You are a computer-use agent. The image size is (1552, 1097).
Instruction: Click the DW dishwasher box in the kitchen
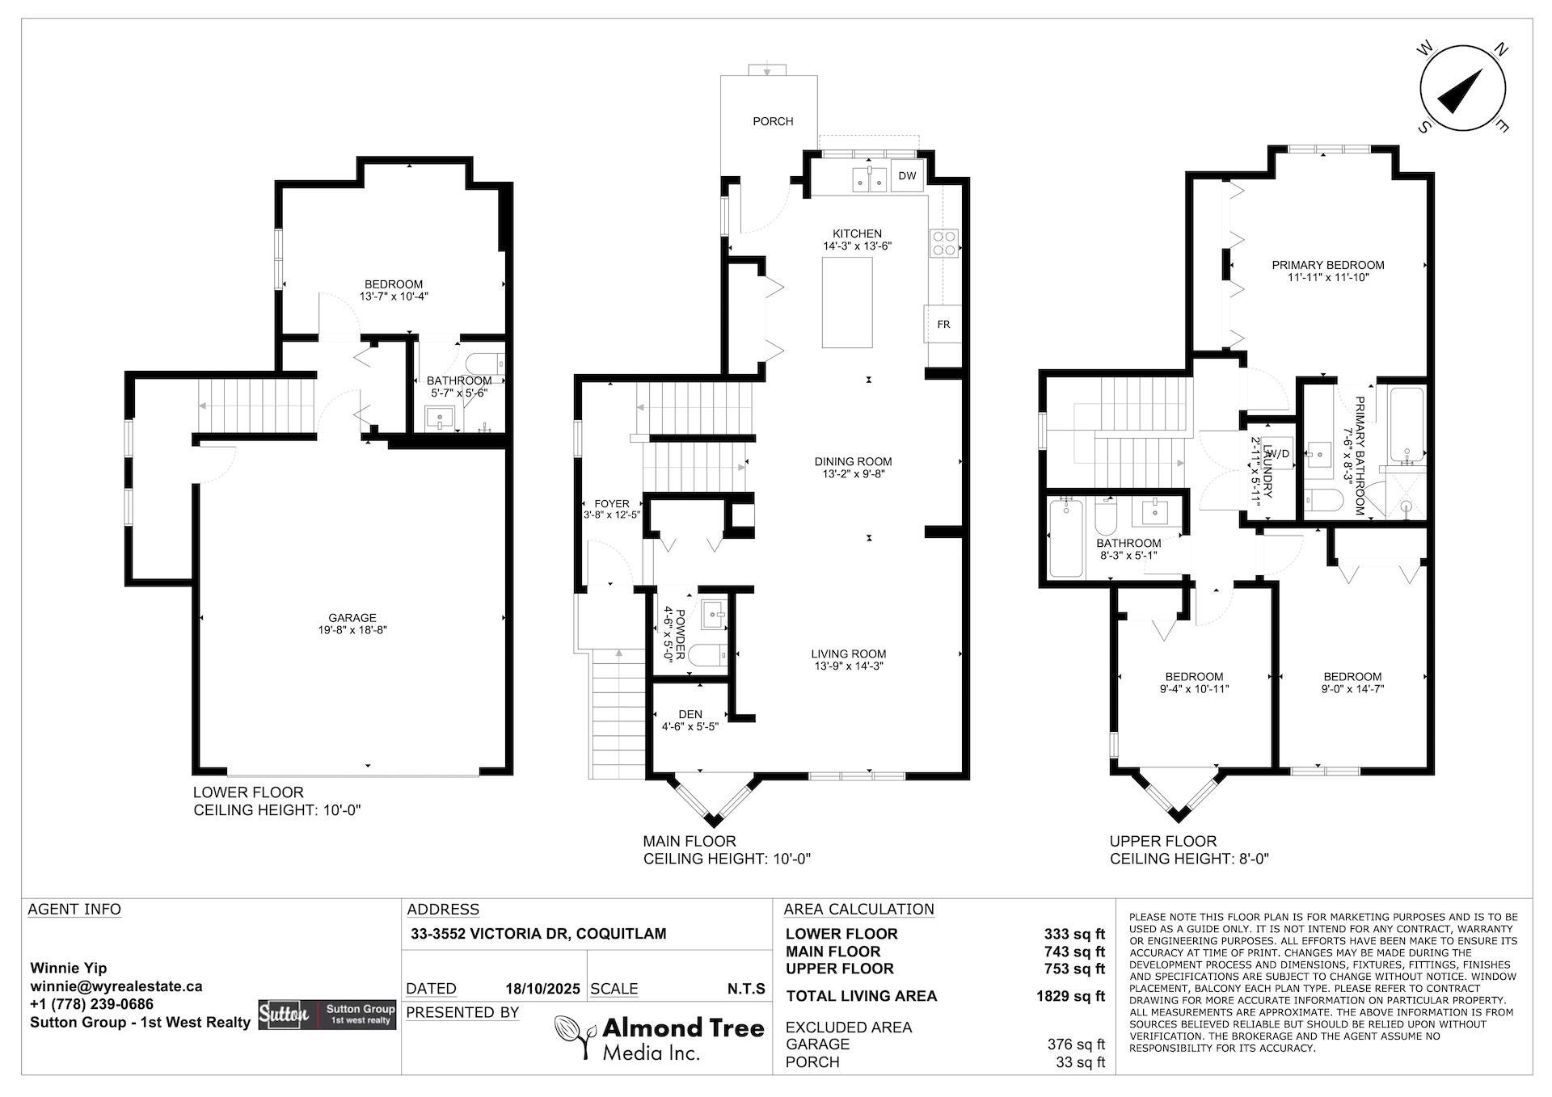point(906,176)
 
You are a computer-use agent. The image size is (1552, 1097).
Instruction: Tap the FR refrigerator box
point(943,324)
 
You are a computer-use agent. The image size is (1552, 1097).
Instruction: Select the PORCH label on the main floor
point(773,121)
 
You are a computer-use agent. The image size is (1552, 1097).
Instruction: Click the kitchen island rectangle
point(847,302)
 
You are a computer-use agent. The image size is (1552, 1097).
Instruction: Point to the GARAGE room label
point(352,618)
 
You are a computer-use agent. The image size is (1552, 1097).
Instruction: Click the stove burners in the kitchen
point(945,243)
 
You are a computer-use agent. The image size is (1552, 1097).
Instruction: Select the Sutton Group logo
point(327,1015)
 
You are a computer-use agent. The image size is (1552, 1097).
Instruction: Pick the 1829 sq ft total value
point(1070,996)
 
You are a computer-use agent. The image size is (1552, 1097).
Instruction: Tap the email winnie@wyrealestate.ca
point(116,986)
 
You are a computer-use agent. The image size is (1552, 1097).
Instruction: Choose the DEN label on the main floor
point(690,714)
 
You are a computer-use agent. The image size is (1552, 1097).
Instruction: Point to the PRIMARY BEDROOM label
point(1328,265)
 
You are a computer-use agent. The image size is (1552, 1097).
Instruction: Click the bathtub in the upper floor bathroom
point(1065,538)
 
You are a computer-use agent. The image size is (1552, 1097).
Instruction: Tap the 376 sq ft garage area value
point(1076,1044)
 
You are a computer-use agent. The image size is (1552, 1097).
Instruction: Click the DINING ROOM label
point(853,462)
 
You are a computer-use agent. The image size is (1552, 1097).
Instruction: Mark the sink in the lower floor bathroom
point(441,418)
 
